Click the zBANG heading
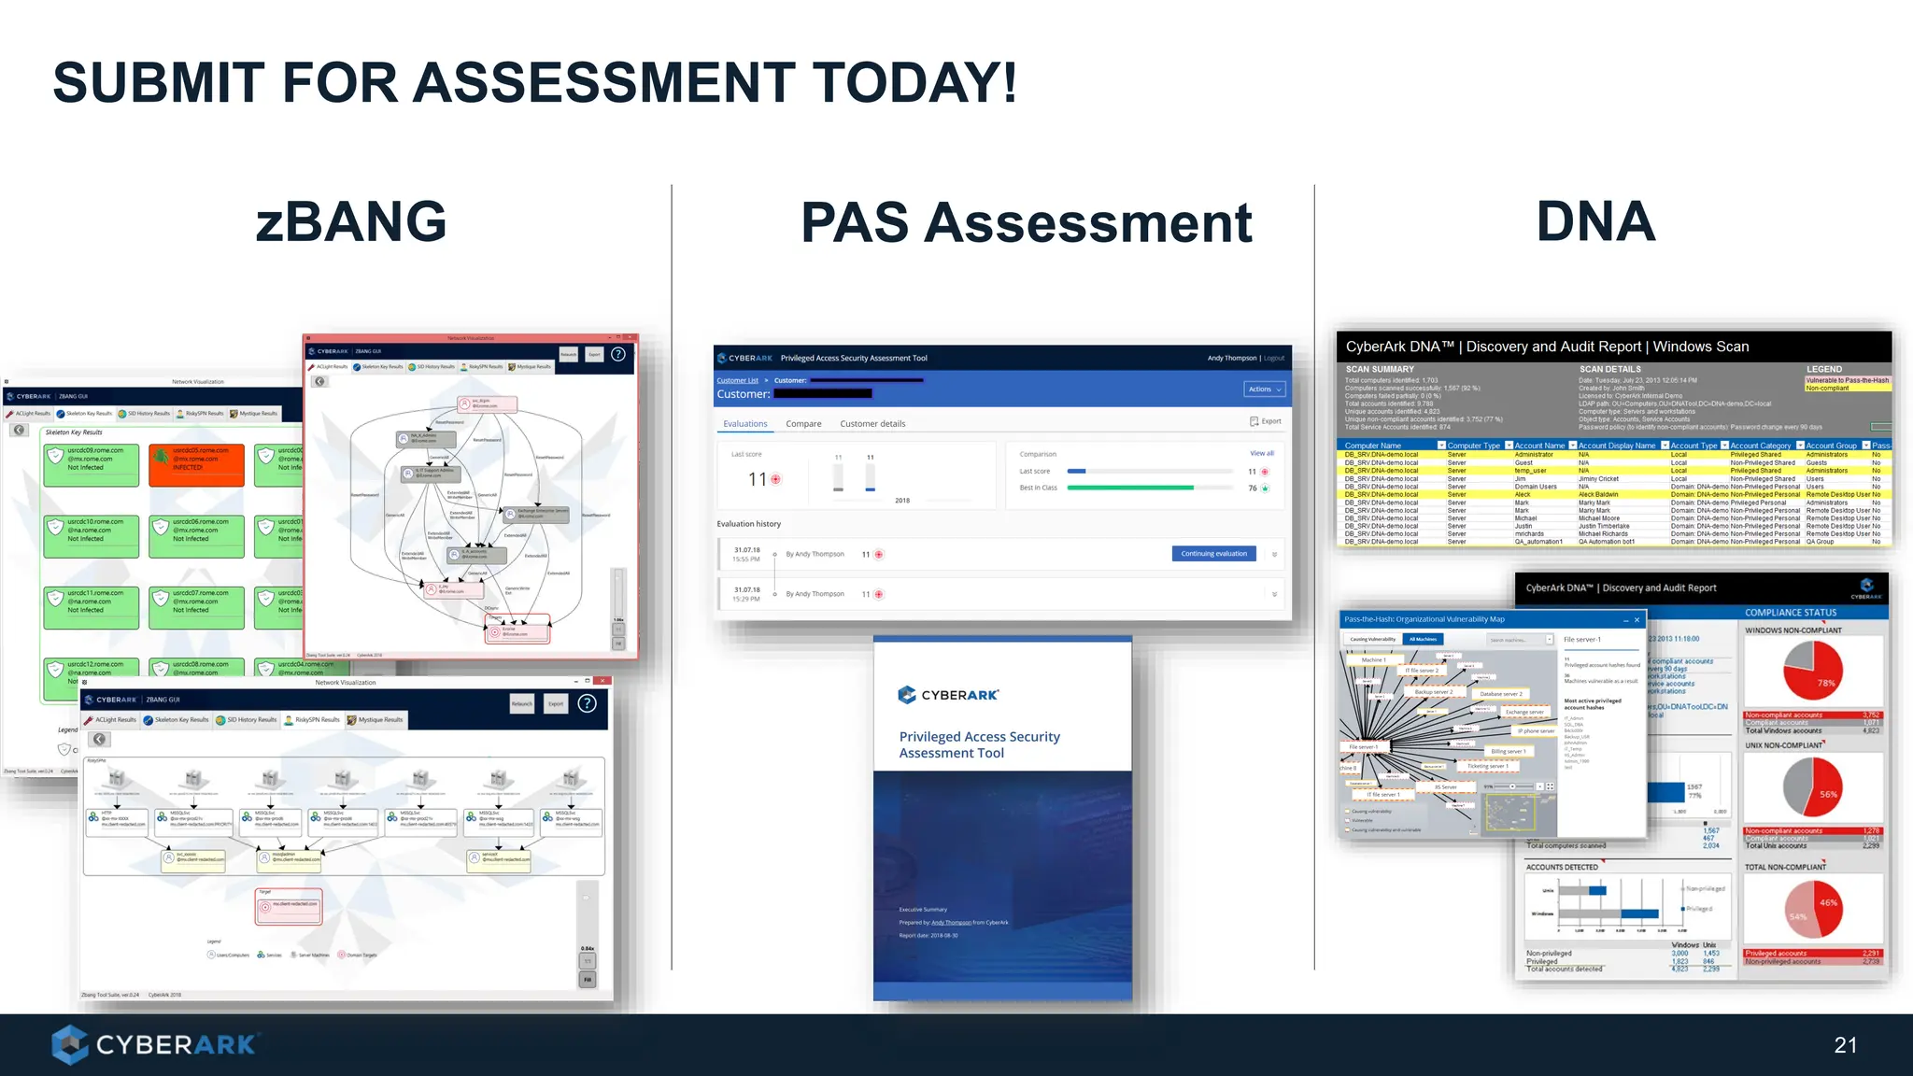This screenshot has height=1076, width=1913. (x=351, y=221)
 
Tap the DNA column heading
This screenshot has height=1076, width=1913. (x=1595, y=221)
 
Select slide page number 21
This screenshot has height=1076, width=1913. (x=1845, y=1045)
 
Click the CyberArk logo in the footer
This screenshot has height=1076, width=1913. (x=154, y=1044)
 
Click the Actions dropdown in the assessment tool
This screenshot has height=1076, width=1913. (x=1265, y=389)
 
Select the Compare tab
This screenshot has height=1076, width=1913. (x=803, y=424)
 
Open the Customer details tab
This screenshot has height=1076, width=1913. (x=872, y=424)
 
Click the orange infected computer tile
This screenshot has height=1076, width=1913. (x=196, y=464)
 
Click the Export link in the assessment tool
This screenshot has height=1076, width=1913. (x=1266, y=421)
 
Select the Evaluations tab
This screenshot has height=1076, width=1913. (x=744, y=424)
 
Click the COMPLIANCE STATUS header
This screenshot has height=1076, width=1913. (x=1790, y=613)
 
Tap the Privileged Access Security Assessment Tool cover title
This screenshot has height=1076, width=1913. (x=979, y=744)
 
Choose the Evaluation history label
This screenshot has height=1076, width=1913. (x=748, y=524)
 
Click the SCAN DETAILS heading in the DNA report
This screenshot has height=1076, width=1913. (x=1609, y=369)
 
